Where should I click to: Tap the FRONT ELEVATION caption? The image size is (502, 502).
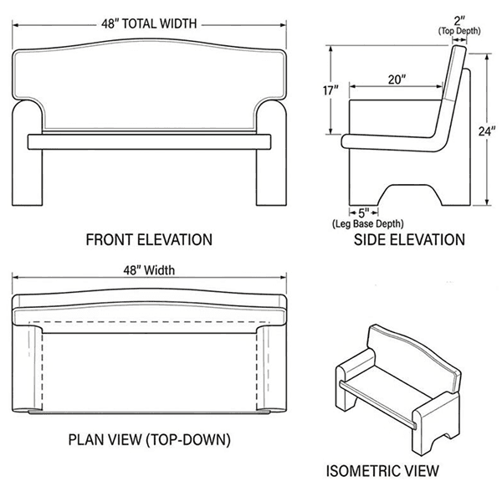(x=149, y=240)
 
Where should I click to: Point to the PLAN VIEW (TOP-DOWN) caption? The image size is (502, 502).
(x=148, y=438)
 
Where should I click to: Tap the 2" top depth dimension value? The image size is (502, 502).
(x=459, y=19)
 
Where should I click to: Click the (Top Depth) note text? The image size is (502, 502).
(x=459, y=31)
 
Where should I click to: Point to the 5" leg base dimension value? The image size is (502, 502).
(x=364, y=213)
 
